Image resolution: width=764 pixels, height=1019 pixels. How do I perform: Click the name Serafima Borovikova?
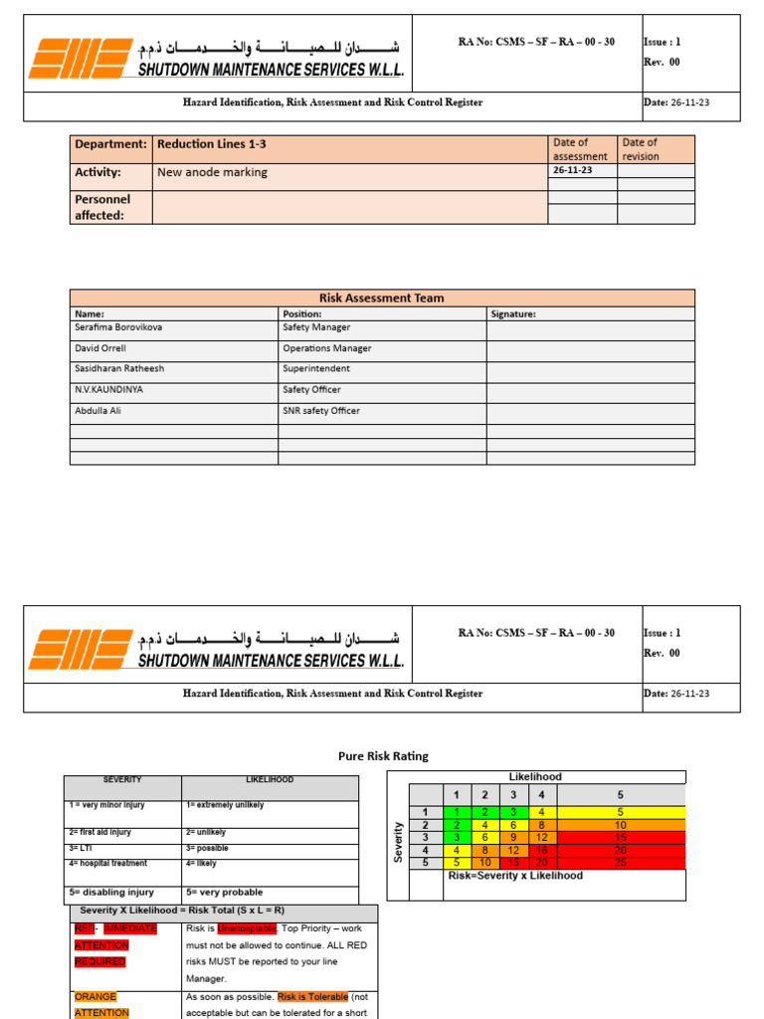118,327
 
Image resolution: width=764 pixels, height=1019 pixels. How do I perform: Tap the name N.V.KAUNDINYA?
108,390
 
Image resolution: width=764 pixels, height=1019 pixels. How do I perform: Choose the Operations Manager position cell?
326,348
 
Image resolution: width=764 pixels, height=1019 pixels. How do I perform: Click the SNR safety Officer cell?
321,411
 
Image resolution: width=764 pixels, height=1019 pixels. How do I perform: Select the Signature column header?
513,313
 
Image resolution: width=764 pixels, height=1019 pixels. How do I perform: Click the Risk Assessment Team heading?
381,298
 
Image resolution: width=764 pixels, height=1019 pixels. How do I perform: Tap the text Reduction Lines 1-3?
211,144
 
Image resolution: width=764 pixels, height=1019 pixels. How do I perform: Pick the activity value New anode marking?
212,172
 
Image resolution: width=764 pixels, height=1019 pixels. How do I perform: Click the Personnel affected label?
102,207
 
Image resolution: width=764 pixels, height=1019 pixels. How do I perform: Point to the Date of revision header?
640,149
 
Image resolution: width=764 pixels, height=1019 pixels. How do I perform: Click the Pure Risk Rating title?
383,756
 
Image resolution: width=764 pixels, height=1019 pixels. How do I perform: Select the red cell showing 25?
621,862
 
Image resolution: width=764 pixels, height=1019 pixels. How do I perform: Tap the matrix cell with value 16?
540,851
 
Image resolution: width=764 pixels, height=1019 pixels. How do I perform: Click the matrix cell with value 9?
512,838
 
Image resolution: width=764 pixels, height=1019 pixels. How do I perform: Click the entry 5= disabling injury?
110,893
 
